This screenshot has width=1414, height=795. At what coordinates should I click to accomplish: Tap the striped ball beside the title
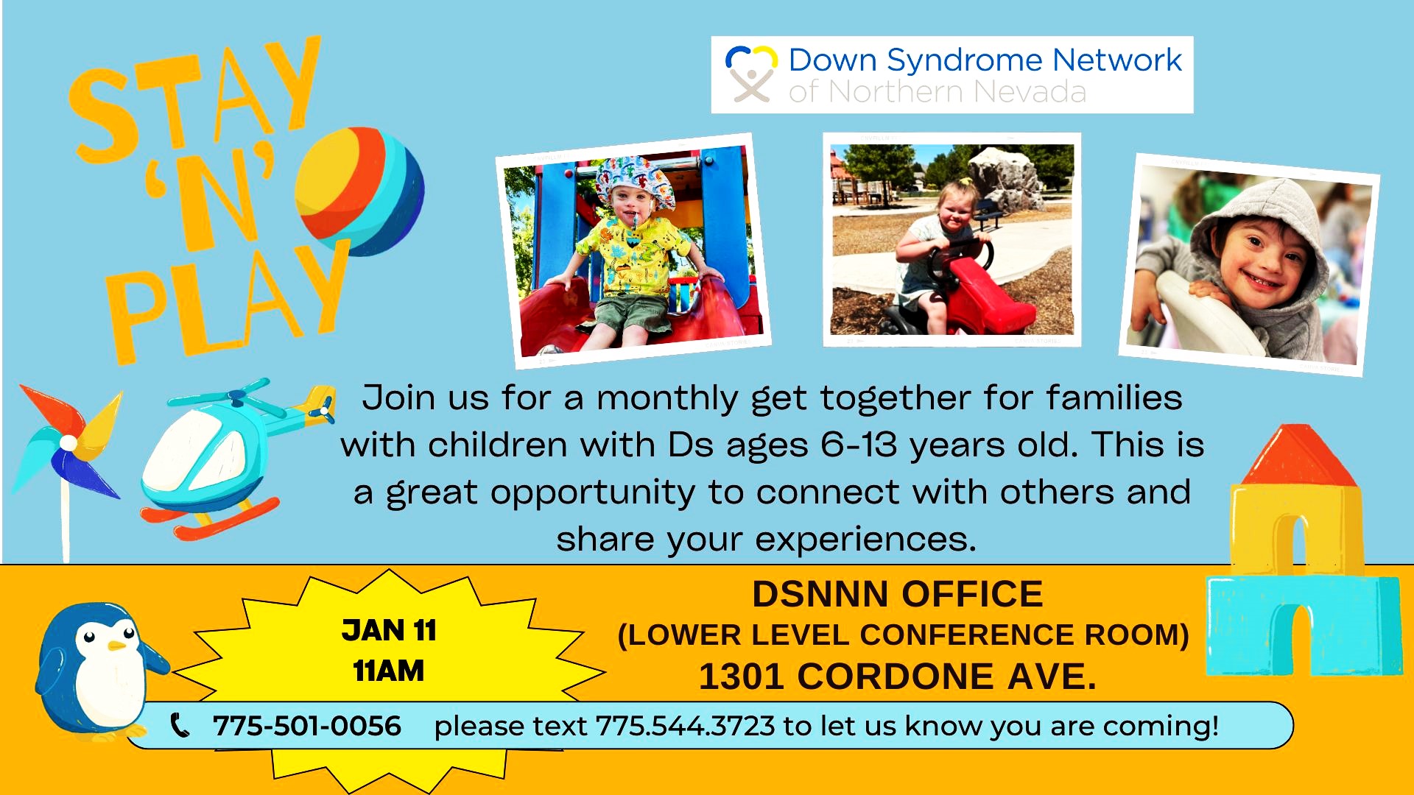(x=359, y=191)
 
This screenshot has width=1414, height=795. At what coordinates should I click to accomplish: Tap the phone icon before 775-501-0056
(x=180, y=725)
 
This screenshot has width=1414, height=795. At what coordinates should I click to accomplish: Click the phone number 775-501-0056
(x=307, y=726)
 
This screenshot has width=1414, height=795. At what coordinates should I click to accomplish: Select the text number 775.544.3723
(x=685, y=726)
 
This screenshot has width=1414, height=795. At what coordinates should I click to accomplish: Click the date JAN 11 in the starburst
(x=389, y=630)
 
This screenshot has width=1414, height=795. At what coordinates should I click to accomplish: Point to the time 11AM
(x=389, y=671)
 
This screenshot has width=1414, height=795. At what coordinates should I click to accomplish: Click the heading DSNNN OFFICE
(x=897, y=594)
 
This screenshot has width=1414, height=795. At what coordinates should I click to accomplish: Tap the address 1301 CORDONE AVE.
(x=897, y=676)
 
